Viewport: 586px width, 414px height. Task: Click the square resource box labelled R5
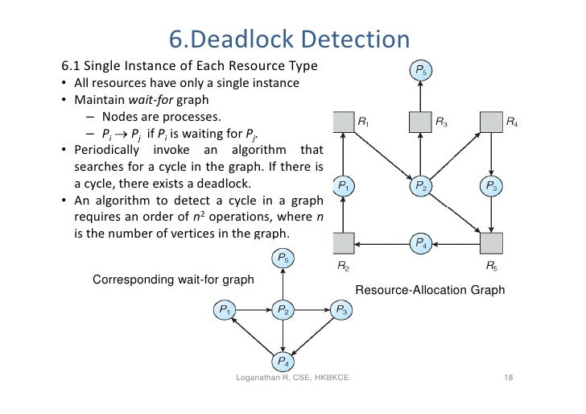490,243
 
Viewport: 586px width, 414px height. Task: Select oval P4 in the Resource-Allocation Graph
421,243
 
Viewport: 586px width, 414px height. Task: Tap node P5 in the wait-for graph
283,259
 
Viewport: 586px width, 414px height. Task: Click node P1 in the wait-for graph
225,309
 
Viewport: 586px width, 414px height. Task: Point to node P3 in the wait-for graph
340,309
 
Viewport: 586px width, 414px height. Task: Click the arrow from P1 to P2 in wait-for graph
254,309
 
